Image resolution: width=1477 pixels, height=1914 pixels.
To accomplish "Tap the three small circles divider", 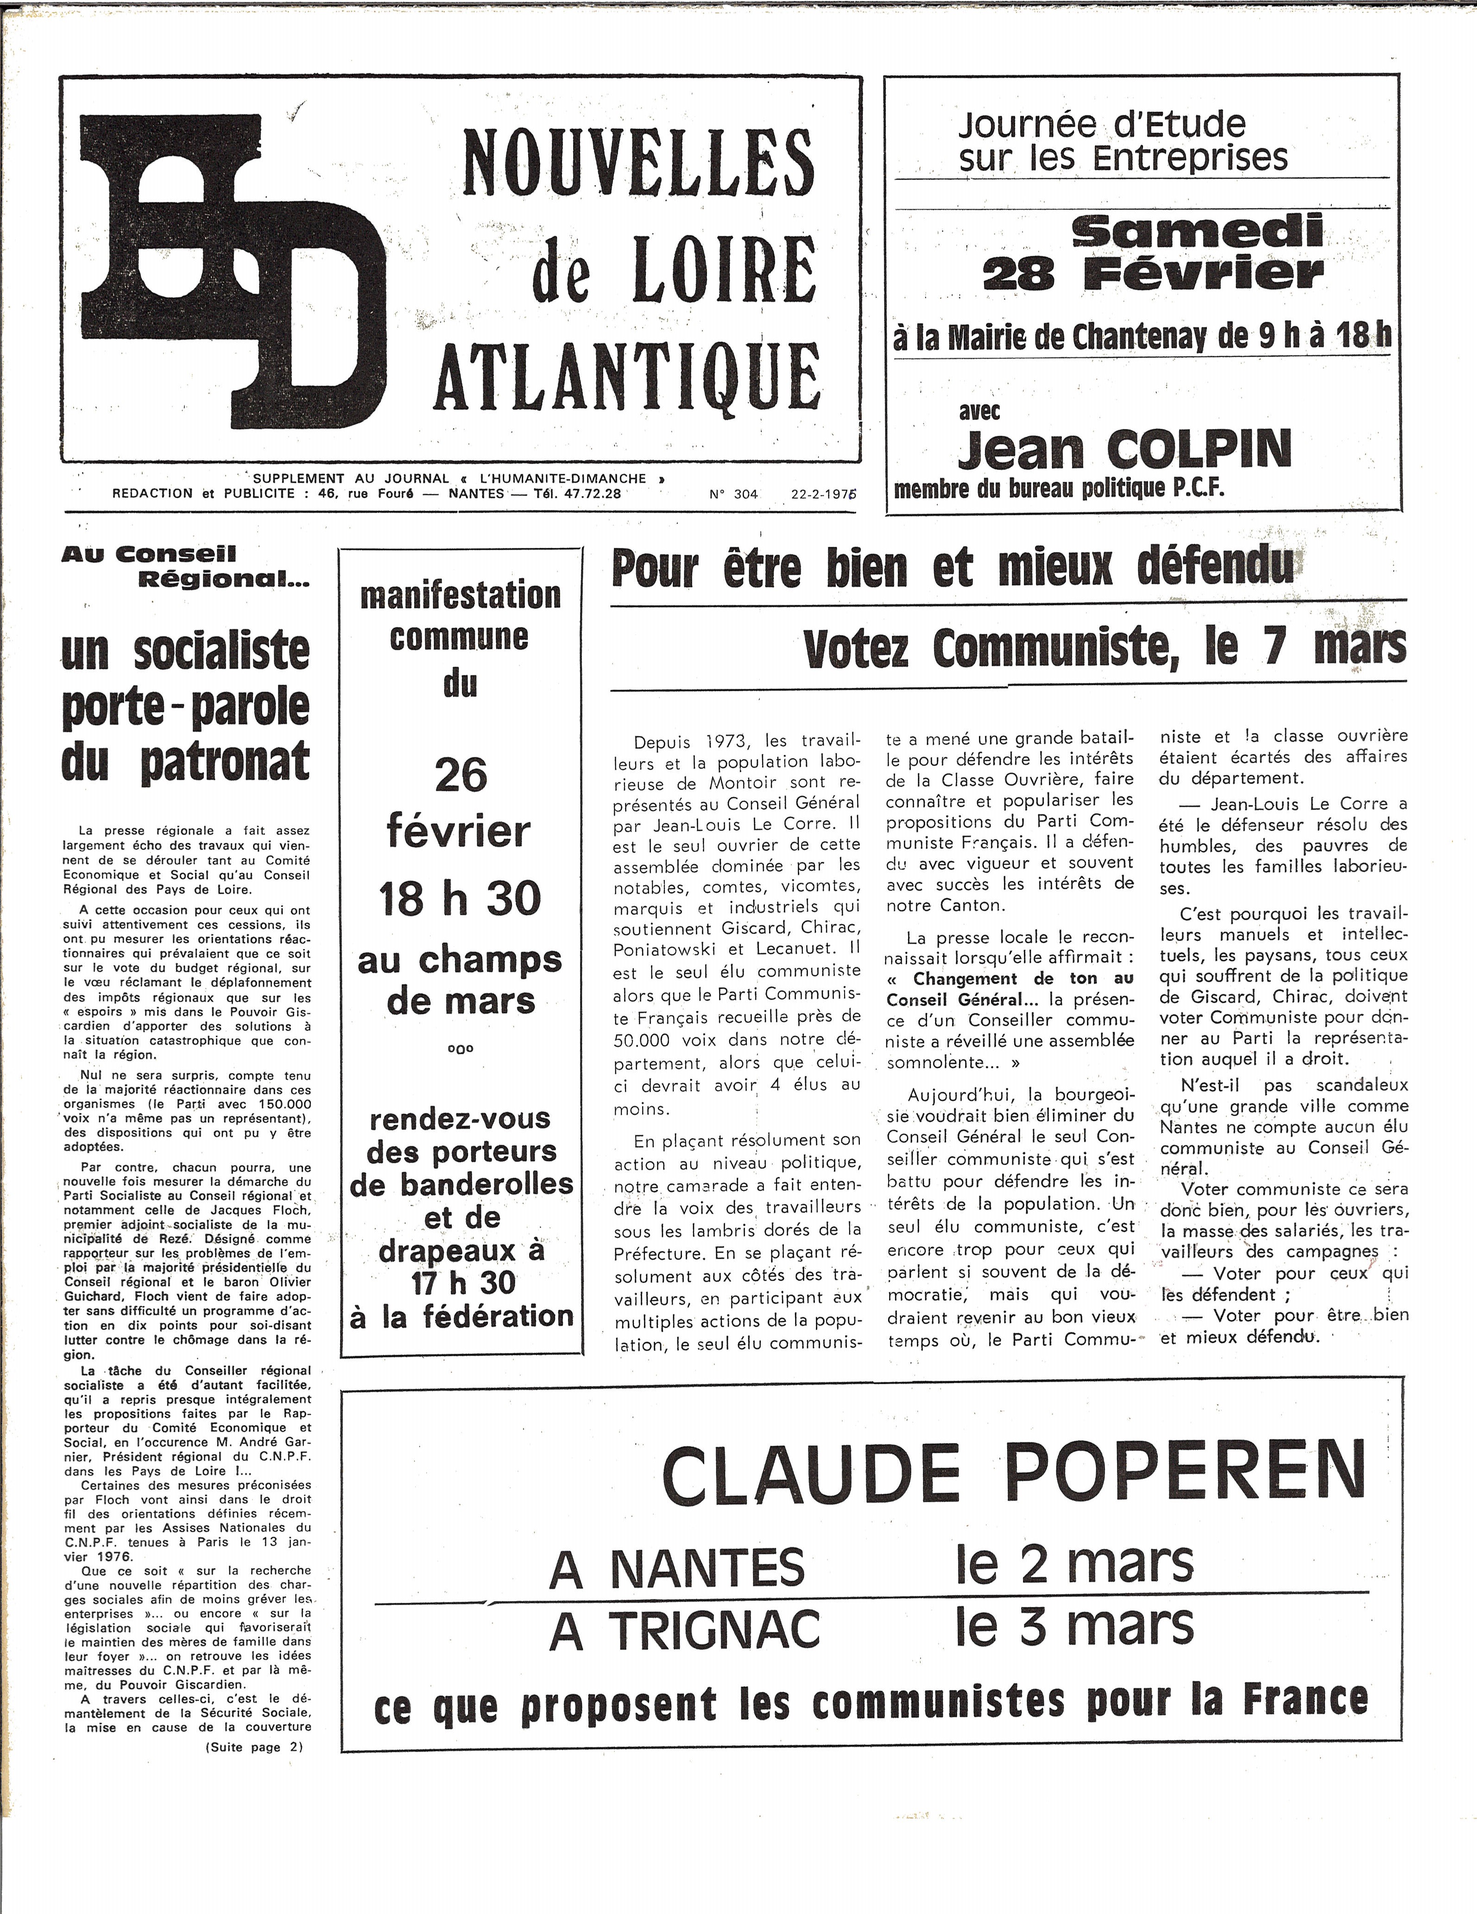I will (460, 1049).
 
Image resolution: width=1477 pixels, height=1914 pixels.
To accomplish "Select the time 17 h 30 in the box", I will (463, 1283).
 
